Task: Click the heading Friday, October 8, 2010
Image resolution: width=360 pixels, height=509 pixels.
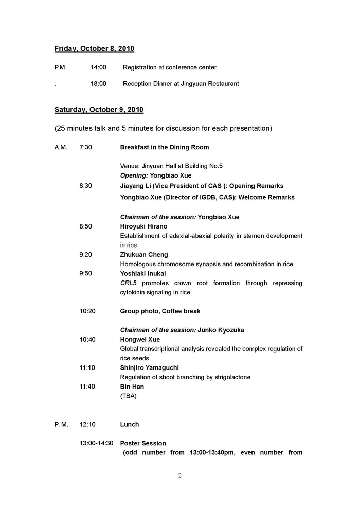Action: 94,49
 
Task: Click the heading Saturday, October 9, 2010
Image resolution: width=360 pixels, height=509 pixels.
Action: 99,110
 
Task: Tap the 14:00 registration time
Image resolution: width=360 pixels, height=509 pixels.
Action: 98,67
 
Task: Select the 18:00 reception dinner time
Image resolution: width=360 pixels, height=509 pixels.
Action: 98,84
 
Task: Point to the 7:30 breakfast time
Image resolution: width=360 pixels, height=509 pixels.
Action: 86,147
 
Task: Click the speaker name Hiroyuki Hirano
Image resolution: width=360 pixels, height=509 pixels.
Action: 143,226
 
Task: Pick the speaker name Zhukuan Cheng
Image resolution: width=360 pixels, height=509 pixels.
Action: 144,255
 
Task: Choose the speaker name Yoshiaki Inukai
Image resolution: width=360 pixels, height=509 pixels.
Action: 143,273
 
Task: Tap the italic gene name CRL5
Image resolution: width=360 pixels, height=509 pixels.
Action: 129,283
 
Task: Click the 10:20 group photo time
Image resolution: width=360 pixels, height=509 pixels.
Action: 87,311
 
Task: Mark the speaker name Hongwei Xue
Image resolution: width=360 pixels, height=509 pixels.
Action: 140,340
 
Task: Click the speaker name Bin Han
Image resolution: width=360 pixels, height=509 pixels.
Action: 132,387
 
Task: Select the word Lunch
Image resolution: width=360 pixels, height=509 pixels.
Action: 130,425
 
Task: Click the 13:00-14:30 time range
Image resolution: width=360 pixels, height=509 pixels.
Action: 96,443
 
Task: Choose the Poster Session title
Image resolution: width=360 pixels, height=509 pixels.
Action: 143,443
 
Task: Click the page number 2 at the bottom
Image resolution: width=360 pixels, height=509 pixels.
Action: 180,476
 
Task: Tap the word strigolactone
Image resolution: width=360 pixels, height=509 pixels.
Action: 230,377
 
